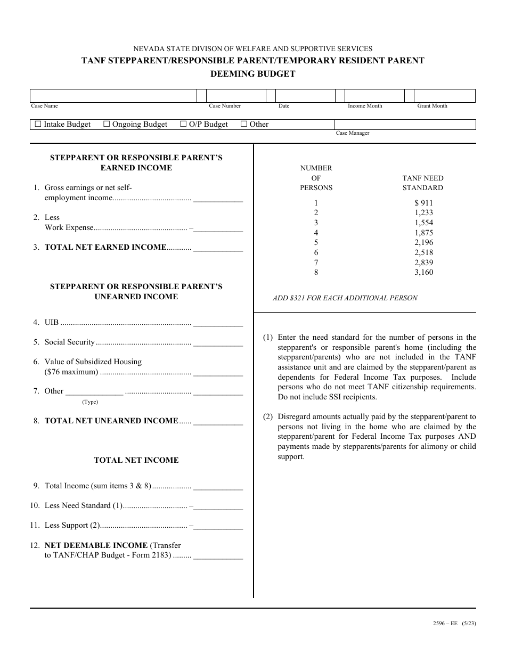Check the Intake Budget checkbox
38,124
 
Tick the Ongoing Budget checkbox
107,124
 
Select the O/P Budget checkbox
183,124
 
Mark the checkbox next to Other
244,124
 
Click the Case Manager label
352,133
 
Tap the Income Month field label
365,106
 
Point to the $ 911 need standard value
423,203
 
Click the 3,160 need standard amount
423,272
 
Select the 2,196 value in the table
423,242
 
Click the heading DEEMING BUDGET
252,74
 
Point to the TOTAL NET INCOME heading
136,460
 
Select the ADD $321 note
345,298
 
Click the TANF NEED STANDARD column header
422,183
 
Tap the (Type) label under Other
90,402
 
